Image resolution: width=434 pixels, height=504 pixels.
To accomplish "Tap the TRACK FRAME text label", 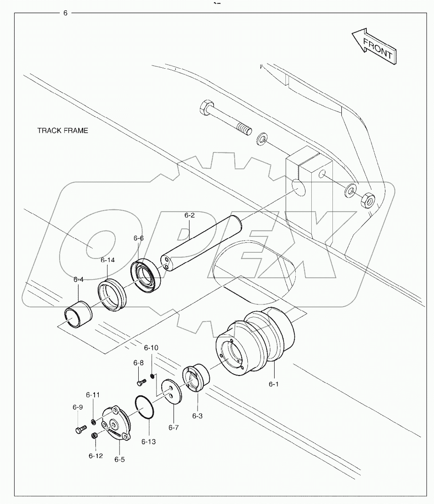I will (63, 130).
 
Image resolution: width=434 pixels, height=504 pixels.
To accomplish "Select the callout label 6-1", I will (274, 384).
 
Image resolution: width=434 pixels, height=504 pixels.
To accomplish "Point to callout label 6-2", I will (189, 215).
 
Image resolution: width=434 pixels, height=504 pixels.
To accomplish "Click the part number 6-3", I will (197, 416).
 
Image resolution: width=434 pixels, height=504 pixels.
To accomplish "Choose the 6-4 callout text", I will (79, 279).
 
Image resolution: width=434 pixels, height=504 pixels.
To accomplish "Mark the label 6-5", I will (119, 459).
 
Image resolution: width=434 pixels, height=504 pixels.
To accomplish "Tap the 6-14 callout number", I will (107, 259).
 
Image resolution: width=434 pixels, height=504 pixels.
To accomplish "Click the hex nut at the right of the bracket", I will (367, 201).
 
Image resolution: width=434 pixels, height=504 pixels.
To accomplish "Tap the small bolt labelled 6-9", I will (79, 429).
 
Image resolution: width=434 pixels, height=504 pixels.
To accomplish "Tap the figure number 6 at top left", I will (65, 13).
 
